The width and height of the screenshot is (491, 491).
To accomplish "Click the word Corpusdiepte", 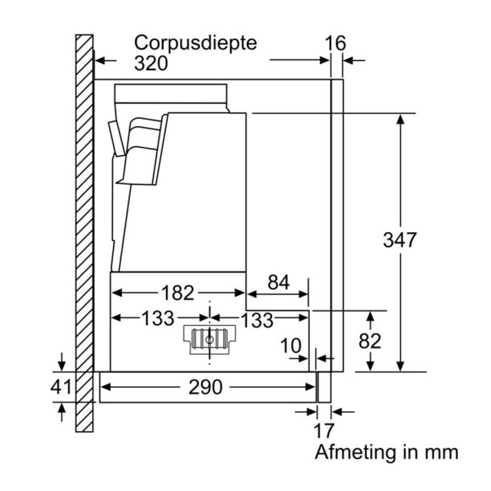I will click(196, 43).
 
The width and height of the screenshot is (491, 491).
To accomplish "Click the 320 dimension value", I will click(151, 63).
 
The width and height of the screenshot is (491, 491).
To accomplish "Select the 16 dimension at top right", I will click(336, 43).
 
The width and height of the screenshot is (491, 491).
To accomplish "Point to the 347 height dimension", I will click(400, 241).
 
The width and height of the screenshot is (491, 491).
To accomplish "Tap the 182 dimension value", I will click(178, 293).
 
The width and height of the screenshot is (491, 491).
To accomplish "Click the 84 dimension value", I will click(278, 283).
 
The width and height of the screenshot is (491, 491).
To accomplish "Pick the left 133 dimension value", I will click(158, 319).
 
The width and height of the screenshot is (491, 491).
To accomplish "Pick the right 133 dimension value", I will click(257, 320).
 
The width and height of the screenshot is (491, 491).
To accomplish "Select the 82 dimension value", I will click(369, 341).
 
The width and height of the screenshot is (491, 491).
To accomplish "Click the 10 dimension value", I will click(291, 346).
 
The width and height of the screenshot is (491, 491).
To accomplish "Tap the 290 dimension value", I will click(205, 388).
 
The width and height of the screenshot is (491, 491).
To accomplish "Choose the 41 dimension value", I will click(61, 388).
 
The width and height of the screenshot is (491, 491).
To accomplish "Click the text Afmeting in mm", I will click(386, 452).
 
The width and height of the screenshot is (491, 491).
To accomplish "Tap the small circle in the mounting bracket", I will click(210, 339).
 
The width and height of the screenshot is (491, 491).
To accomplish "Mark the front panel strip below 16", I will click(337, 221).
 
